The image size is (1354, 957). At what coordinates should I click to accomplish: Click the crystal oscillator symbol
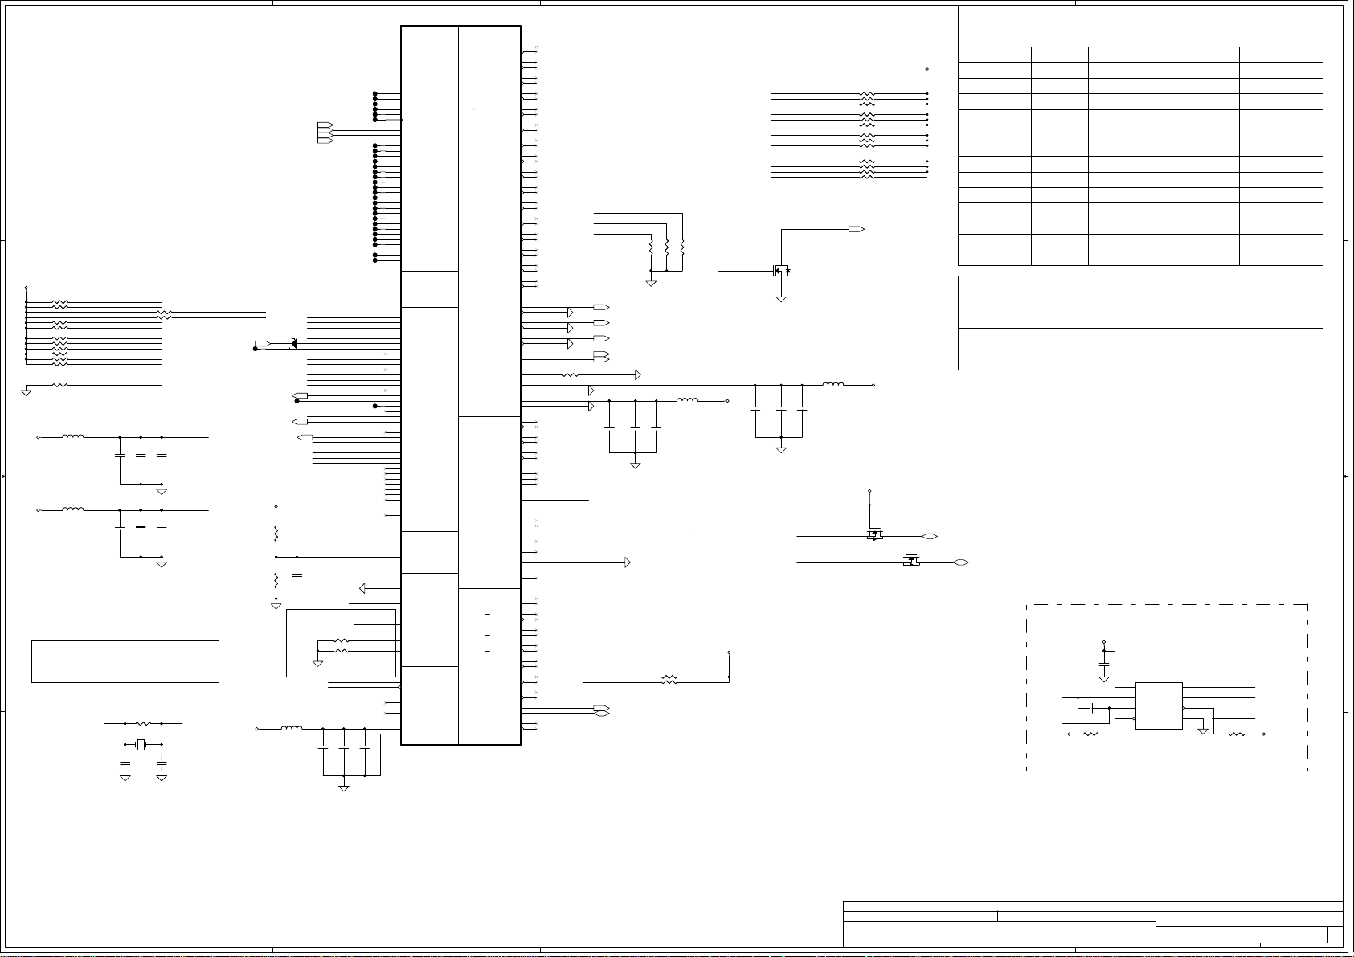(x=141, y=745)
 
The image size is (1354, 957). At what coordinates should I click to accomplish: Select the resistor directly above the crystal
(x=144, y=723)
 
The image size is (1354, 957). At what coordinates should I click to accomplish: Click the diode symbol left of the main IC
(x=294, y=344)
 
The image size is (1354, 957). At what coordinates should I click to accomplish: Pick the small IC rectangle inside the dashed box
(x=1159, y=705)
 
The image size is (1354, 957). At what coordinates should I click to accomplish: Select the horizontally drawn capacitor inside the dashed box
(x=1091, y=708)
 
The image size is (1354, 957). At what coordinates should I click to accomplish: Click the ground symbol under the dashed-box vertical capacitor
(x=1103, y=679)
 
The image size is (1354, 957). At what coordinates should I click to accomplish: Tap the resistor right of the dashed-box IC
(x=1237, y=734)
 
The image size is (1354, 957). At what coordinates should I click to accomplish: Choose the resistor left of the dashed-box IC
(x=1092, y=734)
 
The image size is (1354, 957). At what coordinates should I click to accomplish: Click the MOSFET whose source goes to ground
(x=780, y=270)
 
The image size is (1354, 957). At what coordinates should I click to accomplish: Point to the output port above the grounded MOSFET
(x=856, y=229)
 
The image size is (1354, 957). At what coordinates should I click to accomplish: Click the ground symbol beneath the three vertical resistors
(x=651, y=283)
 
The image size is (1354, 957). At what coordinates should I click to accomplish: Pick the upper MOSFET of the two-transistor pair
(x=874, y=534)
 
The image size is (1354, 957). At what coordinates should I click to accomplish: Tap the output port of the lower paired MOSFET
(x=960, y=562)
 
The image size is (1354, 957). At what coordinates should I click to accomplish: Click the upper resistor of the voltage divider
(x=276, y=533)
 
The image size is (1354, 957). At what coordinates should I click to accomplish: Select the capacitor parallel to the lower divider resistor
(x=297, y=576)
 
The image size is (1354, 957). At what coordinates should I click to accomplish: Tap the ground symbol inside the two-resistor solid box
(x=317, y=662)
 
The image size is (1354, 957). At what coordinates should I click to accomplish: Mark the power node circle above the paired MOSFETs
(x=869, y=489)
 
